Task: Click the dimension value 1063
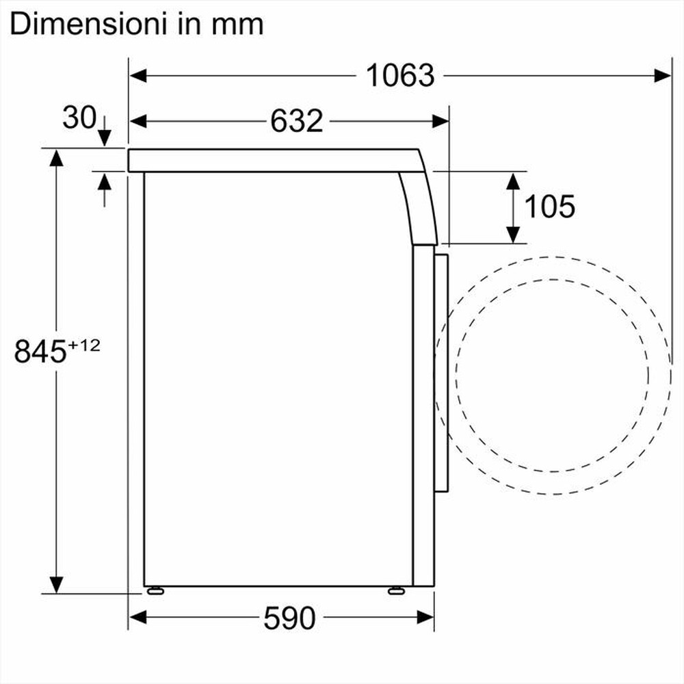point(400,75)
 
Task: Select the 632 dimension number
point(296,121)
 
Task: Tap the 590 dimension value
point(289,618)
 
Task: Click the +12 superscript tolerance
point(84,345)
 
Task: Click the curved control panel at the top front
point(419,205)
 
